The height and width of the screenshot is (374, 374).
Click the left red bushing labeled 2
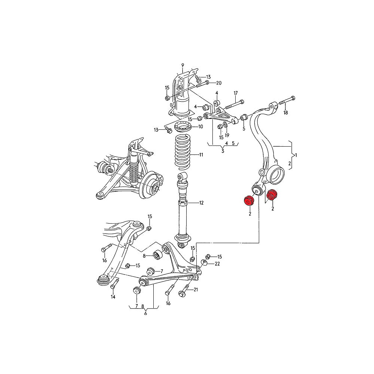(x=248, y=200)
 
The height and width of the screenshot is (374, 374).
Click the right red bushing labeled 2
(x=273, y=195)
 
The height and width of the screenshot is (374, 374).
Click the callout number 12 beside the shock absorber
(x=201, y=203)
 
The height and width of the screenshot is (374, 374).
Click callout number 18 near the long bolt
(x=286, y=112)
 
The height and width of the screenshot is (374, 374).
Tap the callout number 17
(x=236, y=93)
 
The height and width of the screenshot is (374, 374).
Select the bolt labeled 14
(x=113, y=288)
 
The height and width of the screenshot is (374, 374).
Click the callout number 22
(x=217, y=264)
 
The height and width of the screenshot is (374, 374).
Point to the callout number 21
(x=196, y=290)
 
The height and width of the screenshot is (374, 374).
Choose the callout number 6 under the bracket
(x=145, y=313)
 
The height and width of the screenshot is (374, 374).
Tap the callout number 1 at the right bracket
(x=296, y=155)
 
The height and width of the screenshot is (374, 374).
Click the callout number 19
(x=227, y=135)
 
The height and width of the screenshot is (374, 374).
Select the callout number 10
(x=200, y=127)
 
